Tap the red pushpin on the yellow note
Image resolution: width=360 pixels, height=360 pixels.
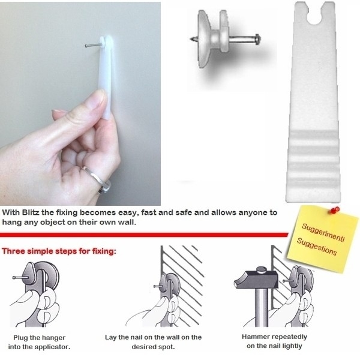(x=335, y=210)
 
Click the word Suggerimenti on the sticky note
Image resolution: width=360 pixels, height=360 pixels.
(x=323, y=232)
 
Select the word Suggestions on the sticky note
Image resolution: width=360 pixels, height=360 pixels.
(x=317, y=247)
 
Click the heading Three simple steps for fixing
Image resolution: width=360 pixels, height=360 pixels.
(x=59, y=251)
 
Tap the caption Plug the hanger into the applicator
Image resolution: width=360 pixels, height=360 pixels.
(x=39, y=342)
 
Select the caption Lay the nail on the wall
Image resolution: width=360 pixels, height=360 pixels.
(x=153, y=342)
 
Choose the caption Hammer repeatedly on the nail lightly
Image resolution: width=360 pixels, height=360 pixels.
(x=274, y=341)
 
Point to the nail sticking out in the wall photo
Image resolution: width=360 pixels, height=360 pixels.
(x=93, y=46)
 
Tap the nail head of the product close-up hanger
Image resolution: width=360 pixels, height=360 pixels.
(x=257, y=39)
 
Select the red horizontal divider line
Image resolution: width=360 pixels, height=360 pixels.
(x=144, y=235)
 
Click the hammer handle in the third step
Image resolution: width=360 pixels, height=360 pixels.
(x=262, y=307)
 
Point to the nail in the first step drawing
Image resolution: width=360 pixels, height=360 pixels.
(x=20, y=277)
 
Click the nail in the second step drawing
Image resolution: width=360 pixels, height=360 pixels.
(x=158, y=286)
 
